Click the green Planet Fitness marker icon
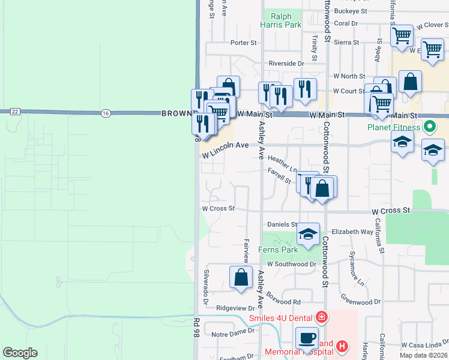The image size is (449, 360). [429, 127]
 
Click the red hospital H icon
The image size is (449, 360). [342, 346]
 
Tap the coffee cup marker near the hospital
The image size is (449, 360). [307, 338]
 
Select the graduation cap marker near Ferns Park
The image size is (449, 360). [308, 234]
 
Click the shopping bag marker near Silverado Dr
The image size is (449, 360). [241, 278]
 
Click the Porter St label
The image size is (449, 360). [243, 43]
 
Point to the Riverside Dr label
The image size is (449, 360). [286, 64]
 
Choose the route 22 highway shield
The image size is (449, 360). [14, 112]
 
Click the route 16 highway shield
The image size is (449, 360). [106, 112]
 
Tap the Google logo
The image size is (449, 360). [20, 353]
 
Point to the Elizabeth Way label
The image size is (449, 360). [352, 232]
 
